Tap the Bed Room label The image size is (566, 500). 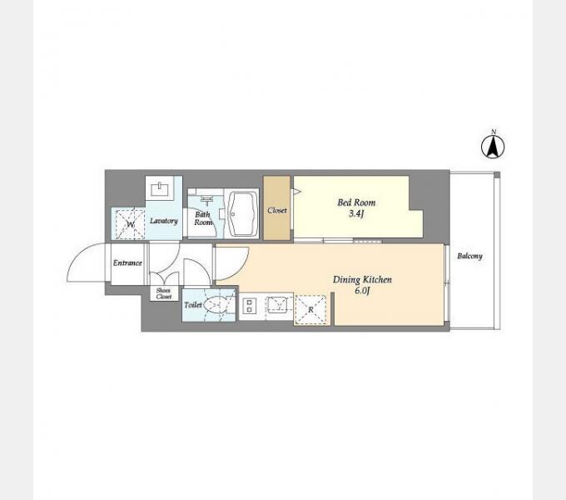[x=356, y=202]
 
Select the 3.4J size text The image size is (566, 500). [x=356, y=214]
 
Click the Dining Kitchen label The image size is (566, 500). [x=362, y=279]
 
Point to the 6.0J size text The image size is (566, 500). [x=362, y=291]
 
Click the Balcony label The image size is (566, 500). [x=469, y=256]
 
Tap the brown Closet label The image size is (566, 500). [x=277, y=210]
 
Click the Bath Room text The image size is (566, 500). [x=203, y=218]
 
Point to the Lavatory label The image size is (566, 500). [x=164, y=221]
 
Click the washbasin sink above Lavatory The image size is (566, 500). [x=159, y=188]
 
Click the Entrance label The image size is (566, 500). [x=127, y=263]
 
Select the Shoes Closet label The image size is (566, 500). [x=163, y=293]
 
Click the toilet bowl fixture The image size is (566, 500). [x=217, y=304]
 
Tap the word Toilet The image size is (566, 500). [x=193, y=305]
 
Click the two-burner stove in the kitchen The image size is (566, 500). [x=249, y=306]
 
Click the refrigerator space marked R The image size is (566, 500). [x=310, y=310]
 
